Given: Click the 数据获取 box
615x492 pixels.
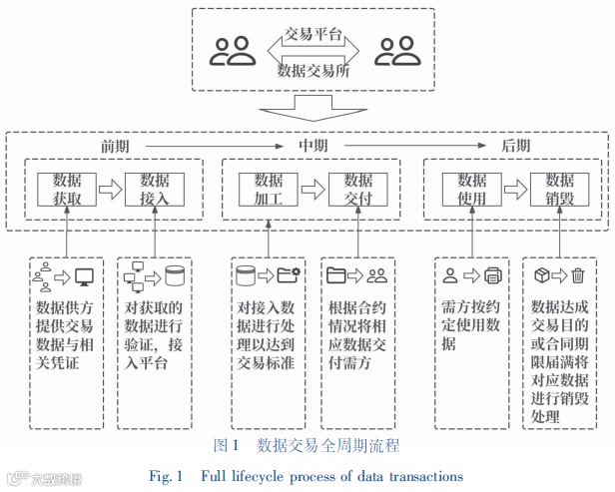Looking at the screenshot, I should (65, 188).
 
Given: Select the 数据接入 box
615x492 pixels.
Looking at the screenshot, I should (155, 188).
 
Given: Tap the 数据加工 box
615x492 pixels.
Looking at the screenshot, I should (269, 188).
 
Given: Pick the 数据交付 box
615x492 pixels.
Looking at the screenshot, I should (357, 188).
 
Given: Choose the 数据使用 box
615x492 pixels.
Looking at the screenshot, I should (471, 188).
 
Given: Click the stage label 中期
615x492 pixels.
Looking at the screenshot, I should (313, 146).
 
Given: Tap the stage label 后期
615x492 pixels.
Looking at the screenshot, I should (516, 146).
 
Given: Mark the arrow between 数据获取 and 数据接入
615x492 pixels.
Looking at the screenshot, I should (110, 188).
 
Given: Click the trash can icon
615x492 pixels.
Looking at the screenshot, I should (578, 276).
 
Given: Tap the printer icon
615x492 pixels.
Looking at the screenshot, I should (493, 276).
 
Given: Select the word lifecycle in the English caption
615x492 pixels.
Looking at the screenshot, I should (263, 475).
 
